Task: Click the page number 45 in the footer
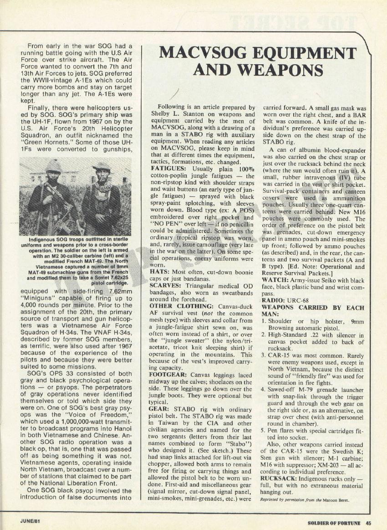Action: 368,522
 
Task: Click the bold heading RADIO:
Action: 275,300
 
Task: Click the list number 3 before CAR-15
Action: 264,355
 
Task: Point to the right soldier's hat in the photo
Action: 101,165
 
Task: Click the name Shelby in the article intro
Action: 161,115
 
